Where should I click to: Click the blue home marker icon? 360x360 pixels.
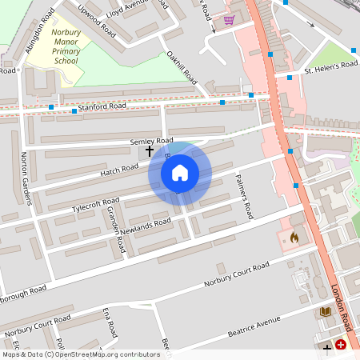pyautogui.click(x=180, y=171)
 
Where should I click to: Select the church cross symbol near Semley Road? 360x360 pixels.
pyautogui.click(x=149, y=150)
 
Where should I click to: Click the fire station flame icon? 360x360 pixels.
pyautogui.click(x=294, y=238)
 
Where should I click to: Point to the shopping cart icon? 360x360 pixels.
pyautogui.click(x=229, y=19)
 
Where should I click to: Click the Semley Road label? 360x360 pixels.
pyautogui.click(x=151, y=141)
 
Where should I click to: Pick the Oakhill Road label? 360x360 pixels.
pyautogui.click(x=182, y=67)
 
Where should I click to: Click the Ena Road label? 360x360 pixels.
pyautogui.click(x=110, y=320)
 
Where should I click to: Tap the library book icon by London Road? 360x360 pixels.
pyautogui.click(x=324, y=311)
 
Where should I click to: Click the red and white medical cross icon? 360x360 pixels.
pyautogui.click(x=342, y=345)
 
